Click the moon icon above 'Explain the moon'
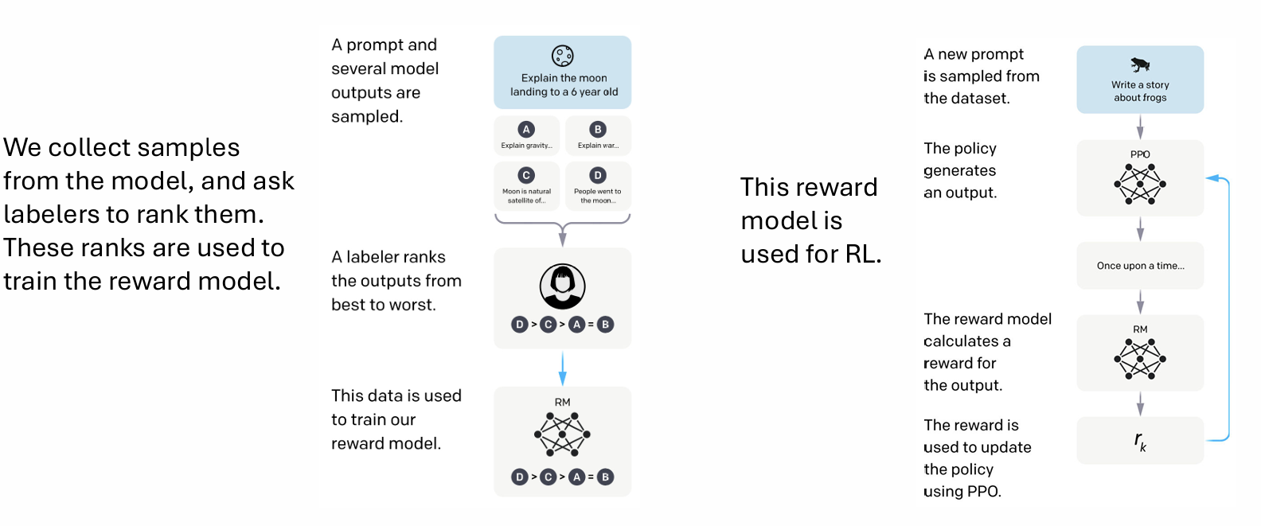click(x=563, y=56)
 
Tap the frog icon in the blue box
click(x=1140, y=64)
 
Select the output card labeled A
click(x=526, y=135)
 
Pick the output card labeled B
click(x=598, y=135)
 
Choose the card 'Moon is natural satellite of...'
click(x=526, y=185)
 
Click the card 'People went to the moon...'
click(x=598, y=185)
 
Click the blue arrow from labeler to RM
click(x=563, y=368)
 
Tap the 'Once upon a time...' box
click(x=1140, y=266)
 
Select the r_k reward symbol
click(x=1140, y=441)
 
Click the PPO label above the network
click(x=1140, y=154)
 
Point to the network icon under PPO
click(x=1140, y=184)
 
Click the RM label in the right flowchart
click(x=1140, y=329)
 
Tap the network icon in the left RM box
click(x=562, y=434)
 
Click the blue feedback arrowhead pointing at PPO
click(x=1212, y=178)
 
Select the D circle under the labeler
click(x=520, y=325)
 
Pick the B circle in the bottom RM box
click(x=606, y=477)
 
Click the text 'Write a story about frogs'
click(x=1140, y=91)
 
